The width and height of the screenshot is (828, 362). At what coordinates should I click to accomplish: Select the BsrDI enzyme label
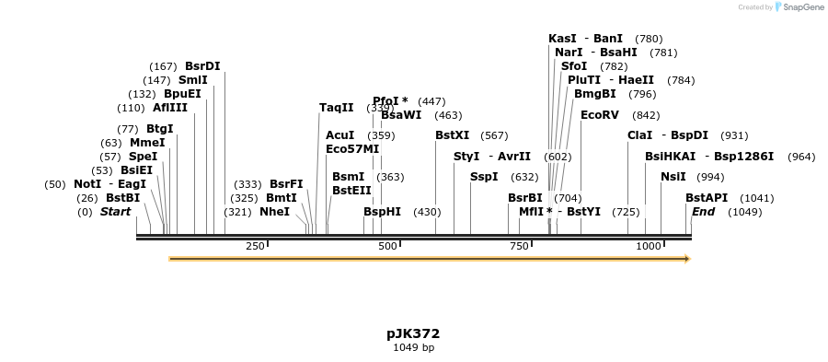(x=202, y=66)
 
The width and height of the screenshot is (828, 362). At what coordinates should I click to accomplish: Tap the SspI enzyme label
(x=484, y=177)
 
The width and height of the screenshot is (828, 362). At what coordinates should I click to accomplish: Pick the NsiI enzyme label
(x=673, y=177)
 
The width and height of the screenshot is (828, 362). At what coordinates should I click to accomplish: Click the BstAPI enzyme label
(x=706, y=198)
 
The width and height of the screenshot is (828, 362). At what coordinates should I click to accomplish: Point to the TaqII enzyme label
(x=336, y=108)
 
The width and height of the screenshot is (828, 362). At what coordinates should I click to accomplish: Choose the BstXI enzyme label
(x=452, y=135)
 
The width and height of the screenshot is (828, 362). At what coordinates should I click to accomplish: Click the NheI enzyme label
(x=274, y=212)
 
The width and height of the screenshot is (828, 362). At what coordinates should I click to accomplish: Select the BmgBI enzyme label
(x=594, y=94)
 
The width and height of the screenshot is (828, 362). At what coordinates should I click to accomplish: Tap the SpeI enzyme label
(x=143, y=157)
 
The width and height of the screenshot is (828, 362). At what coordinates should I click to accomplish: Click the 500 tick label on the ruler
(x=387, y=246)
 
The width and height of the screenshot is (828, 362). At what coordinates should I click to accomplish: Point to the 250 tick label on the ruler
(x=255, y=246)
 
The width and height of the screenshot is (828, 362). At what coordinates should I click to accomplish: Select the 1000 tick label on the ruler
(x=649, y=246)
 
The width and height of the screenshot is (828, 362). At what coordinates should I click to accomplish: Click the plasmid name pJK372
(x=413, y=333)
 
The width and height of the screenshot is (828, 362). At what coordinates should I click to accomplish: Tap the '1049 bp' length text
(x=413, y=348)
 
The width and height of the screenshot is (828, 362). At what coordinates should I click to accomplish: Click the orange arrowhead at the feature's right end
(x=686, y=259)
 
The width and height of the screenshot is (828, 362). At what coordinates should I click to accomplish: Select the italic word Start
(x=115, y=212)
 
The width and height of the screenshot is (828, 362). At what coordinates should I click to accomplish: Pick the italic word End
(x=703, y=212)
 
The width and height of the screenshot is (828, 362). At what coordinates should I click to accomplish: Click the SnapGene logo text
(x=803, y=7)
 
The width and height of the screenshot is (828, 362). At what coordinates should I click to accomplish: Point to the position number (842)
(x=646, y=115)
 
